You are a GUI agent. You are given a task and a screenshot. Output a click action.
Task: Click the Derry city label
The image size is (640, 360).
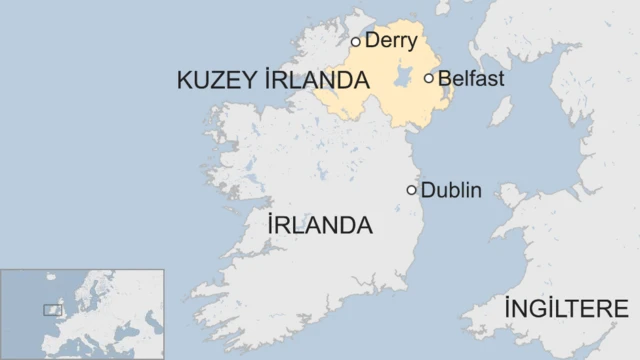click(x=393, y=41)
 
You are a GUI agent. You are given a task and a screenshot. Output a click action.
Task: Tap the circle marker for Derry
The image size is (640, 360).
click(x=355, y=42)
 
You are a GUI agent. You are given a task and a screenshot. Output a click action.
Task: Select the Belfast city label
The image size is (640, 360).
click(x=471, y=78)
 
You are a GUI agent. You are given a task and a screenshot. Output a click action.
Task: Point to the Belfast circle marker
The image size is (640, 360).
click(x=429, y=78)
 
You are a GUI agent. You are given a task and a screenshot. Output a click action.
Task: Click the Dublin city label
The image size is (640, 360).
click(x=452, y=190)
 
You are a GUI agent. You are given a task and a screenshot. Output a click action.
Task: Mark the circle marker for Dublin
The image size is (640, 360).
click(x=411, y=190)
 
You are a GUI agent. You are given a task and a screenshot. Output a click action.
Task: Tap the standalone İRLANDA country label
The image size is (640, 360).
click(x=320, y=225)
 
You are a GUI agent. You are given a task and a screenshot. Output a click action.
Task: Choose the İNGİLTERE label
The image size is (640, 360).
click(x=566, y=308)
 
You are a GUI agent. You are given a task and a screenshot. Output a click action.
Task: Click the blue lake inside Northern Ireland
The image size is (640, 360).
click(x=403, y=77)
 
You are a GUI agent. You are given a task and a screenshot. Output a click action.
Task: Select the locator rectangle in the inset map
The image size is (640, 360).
click(x=52, y=311)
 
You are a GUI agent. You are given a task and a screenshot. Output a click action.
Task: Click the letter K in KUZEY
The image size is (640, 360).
click(x=185, y=80)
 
